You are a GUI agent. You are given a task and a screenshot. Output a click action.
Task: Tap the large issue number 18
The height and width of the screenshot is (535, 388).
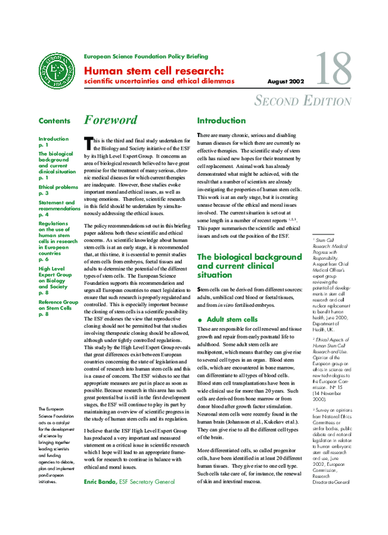pyautogui.click(x=333, y=69)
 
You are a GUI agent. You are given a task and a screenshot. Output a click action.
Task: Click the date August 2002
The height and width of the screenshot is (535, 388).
pyautogui.click(x=286, y=82)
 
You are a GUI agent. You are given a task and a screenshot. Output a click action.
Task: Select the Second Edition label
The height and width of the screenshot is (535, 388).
pyautogui.click(x=303, y=101)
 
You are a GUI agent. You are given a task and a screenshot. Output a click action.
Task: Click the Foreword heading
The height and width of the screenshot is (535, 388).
pyautogui.click(x=111, y=120)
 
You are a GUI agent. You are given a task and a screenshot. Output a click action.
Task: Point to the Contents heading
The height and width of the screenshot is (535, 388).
pyautogui.click(x=54, y=121)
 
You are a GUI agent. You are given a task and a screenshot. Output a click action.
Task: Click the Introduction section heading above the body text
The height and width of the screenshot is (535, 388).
pyautogui.click(x=222, y=120)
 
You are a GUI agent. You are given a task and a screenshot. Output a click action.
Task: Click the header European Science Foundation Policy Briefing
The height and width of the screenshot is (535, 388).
pyautogui.click(x=146, y=57)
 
